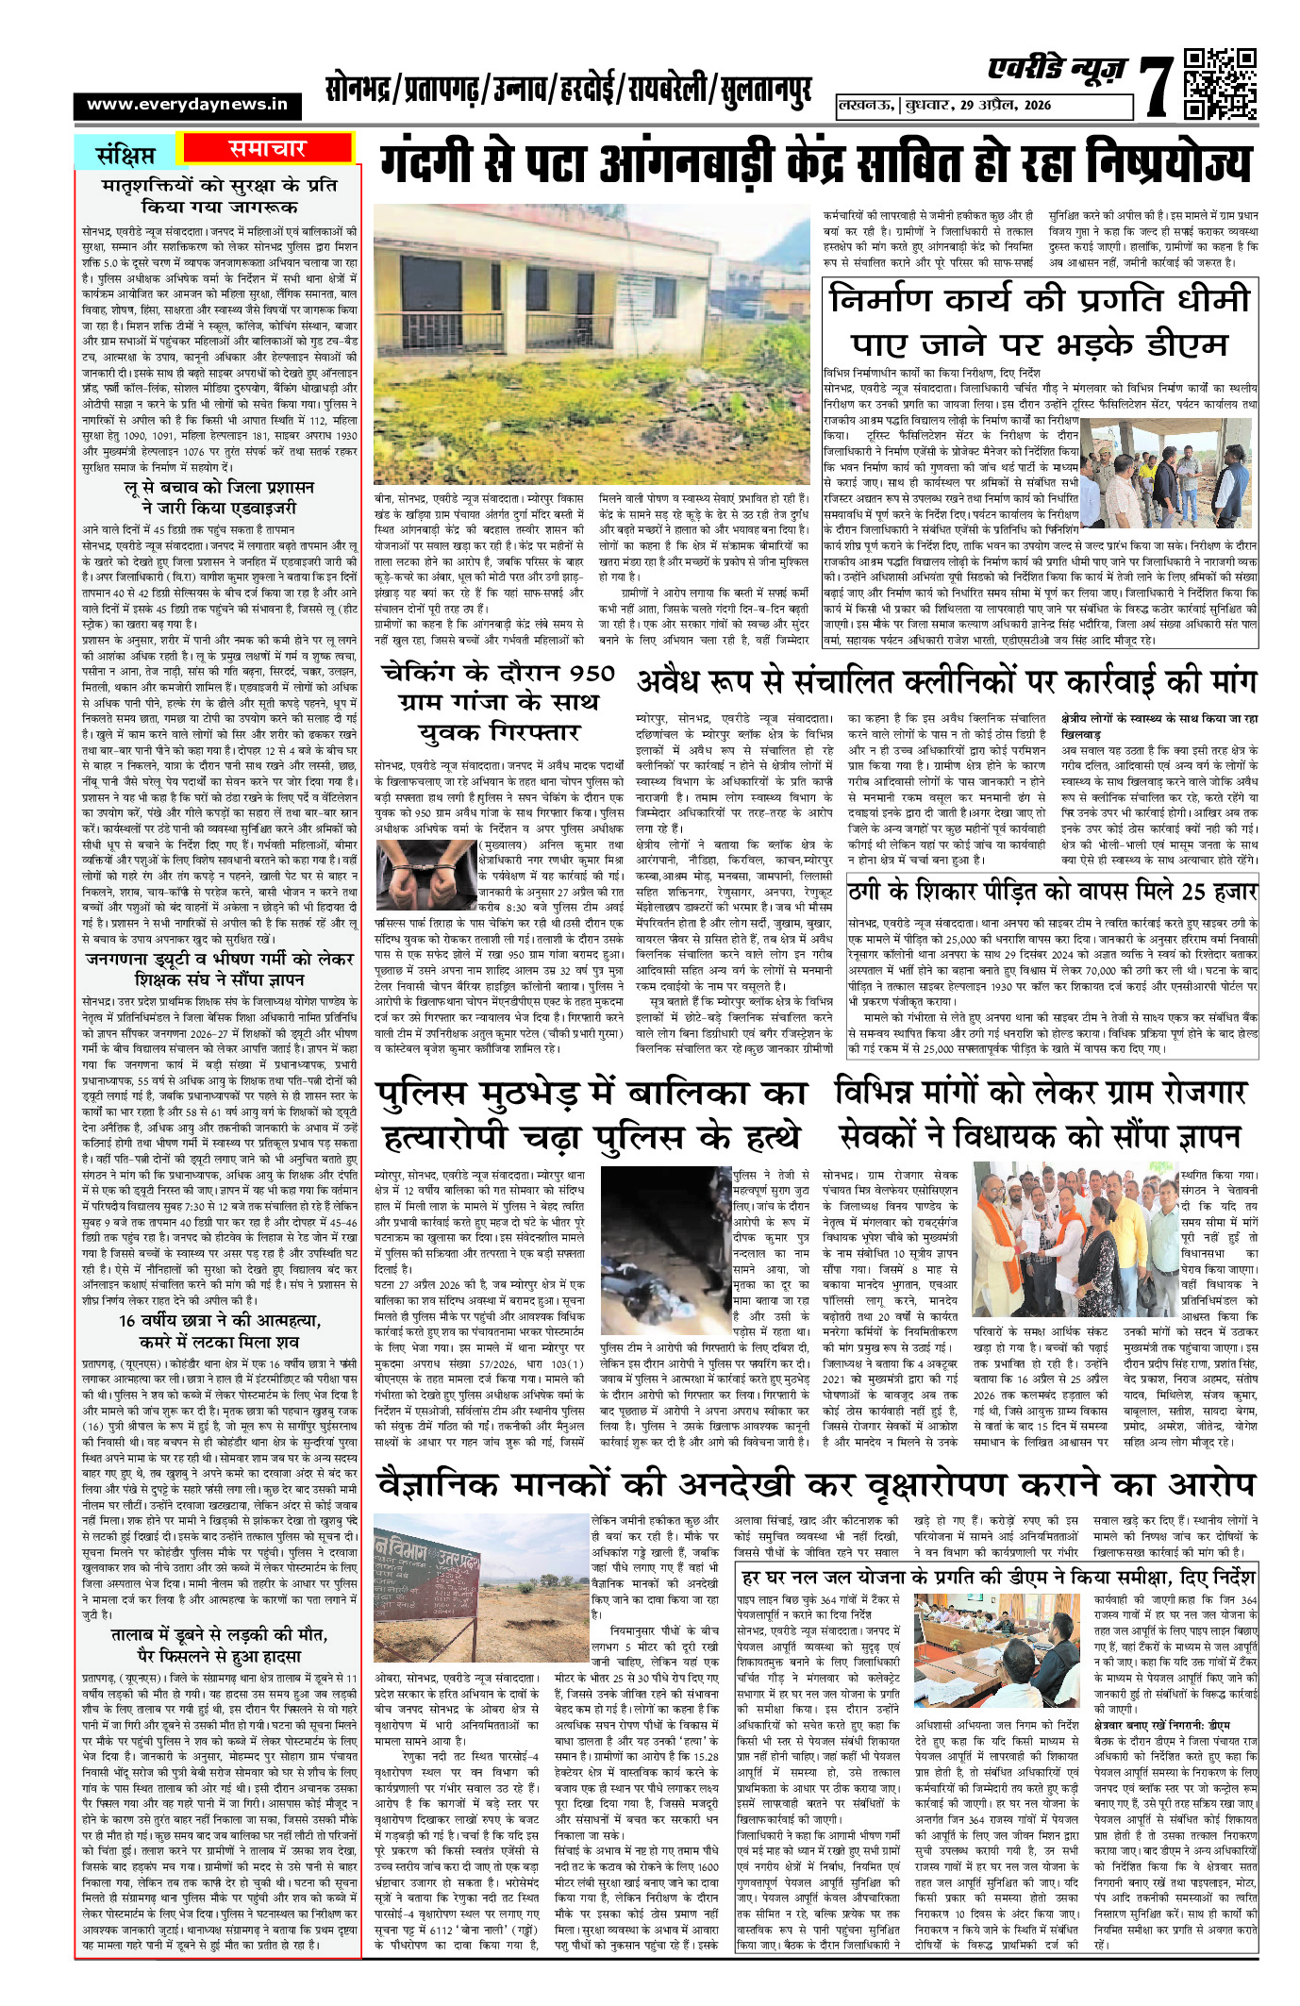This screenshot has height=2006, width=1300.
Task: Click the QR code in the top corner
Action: click(x=1219, y=84)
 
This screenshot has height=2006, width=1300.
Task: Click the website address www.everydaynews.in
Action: click(x=187, y=105)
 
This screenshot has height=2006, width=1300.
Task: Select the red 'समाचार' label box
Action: click(x=267, y=148)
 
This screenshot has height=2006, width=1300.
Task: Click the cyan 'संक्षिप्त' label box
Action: click(x=126, y=153)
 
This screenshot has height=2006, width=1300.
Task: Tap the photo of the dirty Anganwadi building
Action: click(x=592, y=343)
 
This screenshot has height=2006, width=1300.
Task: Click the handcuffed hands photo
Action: click(x=425, y=875)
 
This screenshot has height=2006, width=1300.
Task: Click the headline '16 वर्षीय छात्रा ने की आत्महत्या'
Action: click(x=219, y=1320)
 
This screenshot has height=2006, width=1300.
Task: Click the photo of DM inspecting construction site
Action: click(x=1167, y=471)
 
